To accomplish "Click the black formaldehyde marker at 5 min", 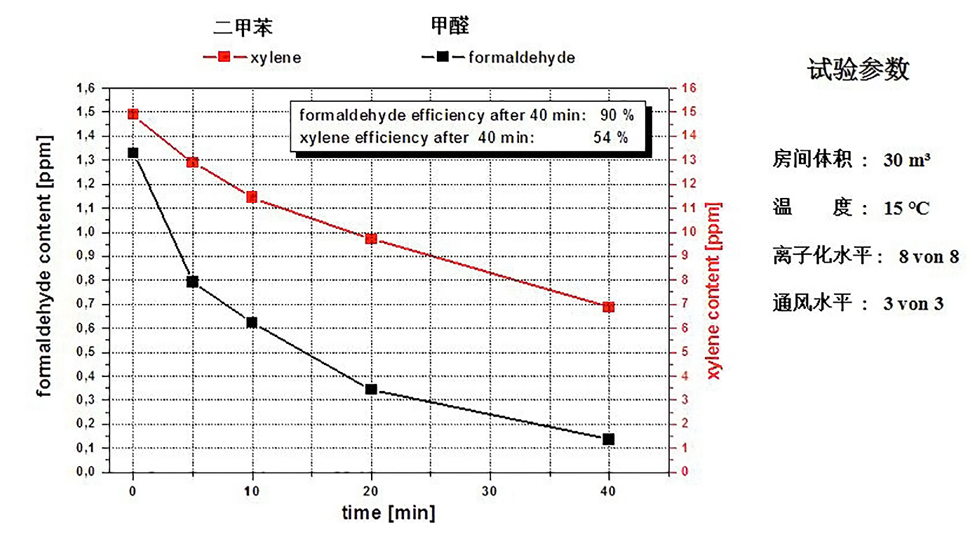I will (192, 282).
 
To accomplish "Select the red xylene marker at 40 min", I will (608, 307).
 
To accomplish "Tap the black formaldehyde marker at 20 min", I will (371, 389).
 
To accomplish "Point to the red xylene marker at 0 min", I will (133, 114).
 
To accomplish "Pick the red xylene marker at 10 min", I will (252, 197).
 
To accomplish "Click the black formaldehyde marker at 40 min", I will (608, 439).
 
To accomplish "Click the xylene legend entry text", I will (276, 58).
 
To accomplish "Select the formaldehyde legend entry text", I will (521, 58).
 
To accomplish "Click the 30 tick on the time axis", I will (490, 492).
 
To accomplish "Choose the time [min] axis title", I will (389, 513).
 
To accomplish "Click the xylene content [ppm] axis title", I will (714, 290).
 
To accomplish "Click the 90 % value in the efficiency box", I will (617, 114).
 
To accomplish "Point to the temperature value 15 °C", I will (906, 208).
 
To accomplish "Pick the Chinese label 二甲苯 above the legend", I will (243, 27).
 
